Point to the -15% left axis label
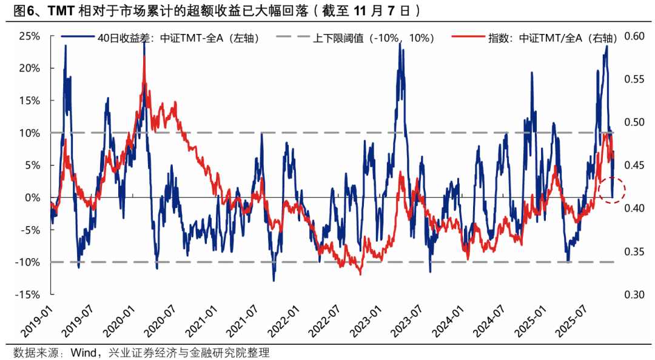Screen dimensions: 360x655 click(x=27, y=295)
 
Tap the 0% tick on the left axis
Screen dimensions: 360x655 click(x=32, y=198)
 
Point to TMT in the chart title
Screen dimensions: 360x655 click(x=61, y=10)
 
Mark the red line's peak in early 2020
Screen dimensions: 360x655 click(x=144, y=65)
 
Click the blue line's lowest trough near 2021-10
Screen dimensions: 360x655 click(x=274, y=281)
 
